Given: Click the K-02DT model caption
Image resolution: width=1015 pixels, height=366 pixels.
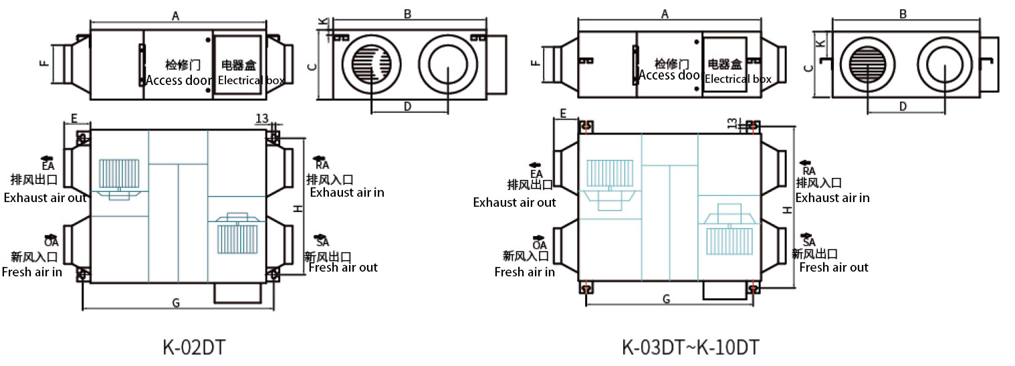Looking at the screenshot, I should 194,348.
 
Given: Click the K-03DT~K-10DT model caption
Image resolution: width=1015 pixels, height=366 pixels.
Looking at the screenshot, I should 691,348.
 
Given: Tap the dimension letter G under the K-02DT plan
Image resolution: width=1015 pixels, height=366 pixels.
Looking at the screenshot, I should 176,303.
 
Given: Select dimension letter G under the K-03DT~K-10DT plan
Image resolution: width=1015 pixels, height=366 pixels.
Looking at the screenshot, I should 666,299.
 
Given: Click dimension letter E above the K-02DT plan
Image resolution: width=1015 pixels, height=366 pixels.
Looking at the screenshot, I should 74,118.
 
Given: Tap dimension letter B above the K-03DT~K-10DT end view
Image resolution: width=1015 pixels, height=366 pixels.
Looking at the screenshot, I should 903,14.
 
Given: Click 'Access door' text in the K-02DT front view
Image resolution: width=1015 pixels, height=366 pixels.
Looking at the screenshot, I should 179,80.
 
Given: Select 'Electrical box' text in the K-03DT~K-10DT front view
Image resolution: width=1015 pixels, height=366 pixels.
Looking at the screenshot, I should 738,79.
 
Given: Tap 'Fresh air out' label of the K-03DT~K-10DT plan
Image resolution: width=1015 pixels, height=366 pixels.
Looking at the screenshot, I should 834,268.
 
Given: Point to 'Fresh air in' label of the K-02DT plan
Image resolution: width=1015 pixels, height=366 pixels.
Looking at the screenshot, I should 32,272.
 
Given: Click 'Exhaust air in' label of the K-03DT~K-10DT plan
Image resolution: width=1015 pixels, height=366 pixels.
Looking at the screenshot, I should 832,198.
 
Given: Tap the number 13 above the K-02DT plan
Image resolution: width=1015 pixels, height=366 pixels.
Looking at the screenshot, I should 261,118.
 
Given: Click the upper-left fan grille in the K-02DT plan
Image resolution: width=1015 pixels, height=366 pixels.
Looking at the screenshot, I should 119,173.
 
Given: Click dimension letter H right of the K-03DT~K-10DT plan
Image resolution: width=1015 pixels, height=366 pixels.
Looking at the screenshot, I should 788,209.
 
